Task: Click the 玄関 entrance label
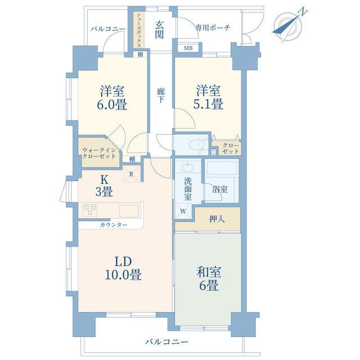click(x=159, y=30)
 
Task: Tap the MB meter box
click(x=188, y=48)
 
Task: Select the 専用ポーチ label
click(x=213, y=28)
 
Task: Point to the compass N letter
click(x=304, y=11)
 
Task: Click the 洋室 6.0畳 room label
click(x=113, y=98)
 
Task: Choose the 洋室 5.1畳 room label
click(x=209, y=97)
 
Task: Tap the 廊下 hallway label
click(x=160, y=95)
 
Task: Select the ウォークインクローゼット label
click(x=99, y=154)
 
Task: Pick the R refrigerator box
click(x=132, y=174)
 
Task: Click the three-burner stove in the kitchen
click(x=90, y=210)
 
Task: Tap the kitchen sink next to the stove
click(x=129, y=210)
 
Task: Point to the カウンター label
click(x=114, y=224)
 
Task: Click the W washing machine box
click(x=183, y=211)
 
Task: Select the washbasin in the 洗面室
click(x=188, y=167)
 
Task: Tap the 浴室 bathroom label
click(x=220, y=190)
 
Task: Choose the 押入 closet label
click(x=217, y=219)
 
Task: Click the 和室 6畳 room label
click(x=209, y=279)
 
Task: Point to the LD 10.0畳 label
click(x=123, y=268)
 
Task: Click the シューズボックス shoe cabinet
click(x=139, y=30)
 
